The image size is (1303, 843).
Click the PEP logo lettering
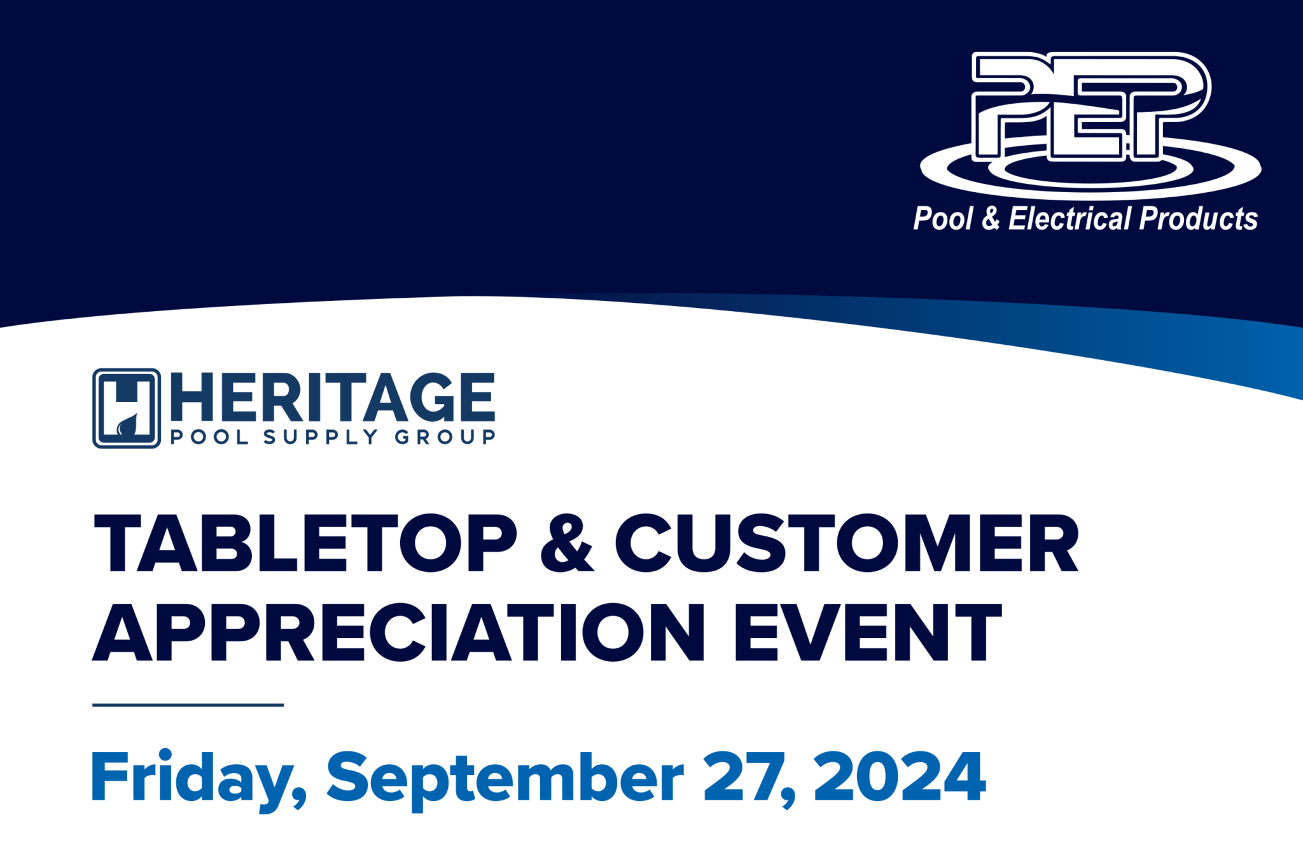(x=1091, y=106)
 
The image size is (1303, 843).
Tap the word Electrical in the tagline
(x=1071, y=219)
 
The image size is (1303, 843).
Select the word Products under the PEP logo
(x=1199, y=219)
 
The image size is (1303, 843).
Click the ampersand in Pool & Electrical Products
(x=991, y=219)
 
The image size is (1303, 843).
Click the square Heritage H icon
(x=127, y=408)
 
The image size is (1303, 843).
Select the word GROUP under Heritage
(x=445, y=437)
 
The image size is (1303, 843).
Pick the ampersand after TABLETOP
(x=568, y=543)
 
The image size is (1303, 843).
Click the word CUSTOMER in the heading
(x=847, y=543)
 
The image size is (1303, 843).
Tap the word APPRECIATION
(x=399, y=632)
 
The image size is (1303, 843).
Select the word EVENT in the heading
(x=868, y=632)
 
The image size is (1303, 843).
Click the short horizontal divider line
(x=188, y=705)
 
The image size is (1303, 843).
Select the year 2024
(x=900, y=776)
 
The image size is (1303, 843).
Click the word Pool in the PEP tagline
(x=944, y=219)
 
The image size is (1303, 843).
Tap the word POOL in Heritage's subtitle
(x=209, y=437)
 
